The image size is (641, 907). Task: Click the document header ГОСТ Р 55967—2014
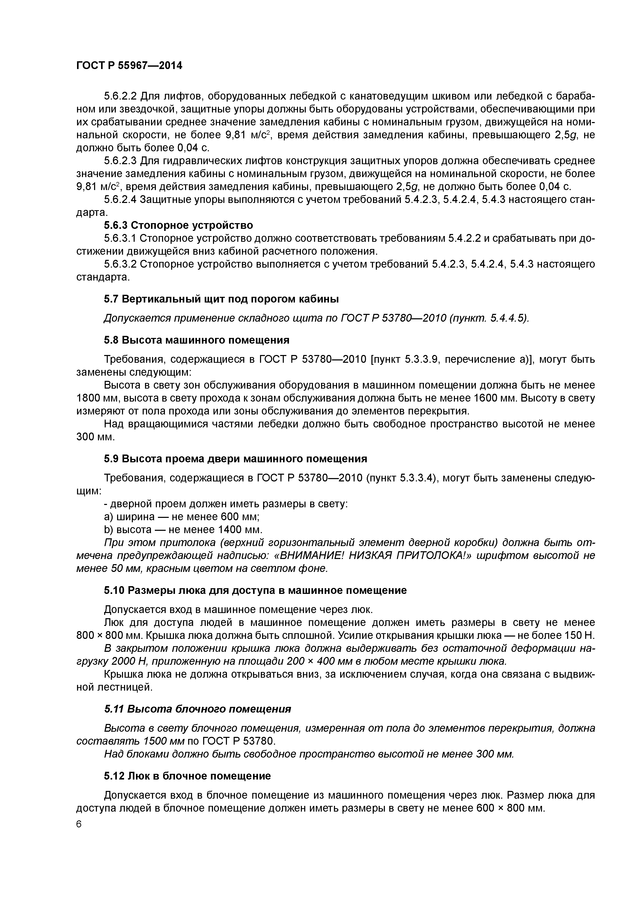129,66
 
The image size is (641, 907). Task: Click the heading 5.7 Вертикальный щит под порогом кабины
221,299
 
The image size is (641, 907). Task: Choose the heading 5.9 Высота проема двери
235,459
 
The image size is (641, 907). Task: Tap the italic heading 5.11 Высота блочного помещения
197,709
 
